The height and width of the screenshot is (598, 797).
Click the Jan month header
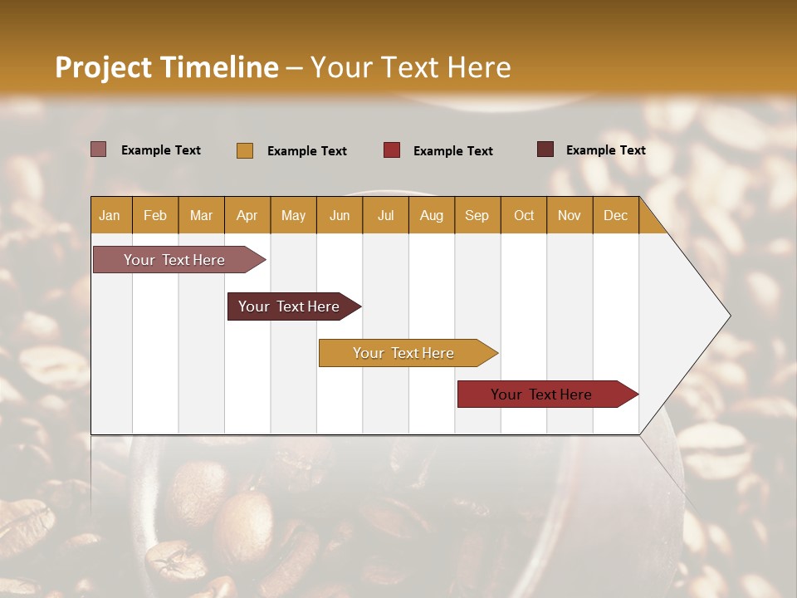click(x=110, y=215)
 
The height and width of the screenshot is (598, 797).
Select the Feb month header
click(x=155, y=215)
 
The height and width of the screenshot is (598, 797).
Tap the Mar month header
click(x=201, y=215)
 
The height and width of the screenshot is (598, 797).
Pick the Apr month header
click(x=247, y=215)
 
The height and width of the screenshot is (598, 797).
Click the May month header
click(x=293, y=215)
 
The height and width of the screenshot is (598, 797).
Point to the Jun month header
click(x=340, y=215)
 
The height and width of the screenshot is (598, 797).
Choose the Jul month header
click(x=385, y=215)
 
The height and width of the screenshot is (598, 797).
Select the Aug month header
click(x=432, y=215)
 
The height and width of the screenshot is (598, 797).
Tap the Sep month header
click(x=477, y=215)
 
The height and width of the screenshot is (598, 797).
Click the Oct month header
click(x=524, y=215)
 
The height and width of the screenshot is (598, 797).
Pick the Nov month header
click(x=570, y=215)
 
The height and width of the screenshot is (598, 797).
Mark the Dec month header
click(x=616, y=215)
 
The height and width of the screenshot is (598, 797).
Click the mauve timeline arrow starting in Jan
click(x=175, y=260)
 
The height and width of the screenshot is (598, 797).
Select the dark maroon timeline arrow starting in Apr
click(x=290, y=306)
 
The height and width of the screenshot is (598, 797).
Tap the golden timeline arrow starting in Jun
click(x=404, y=353)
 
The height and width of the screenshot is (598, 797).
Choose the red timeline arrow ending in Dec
click(x=542, y=395)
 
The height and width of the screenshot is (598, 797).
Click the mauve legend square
click(x=99, y=149)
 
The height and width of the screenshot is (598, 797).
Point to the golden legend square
click(x=245, y=150)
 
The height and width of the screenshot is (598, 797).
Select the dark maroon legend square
click(x=545, y=149)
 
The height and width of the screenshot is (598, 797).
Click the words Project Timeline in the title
click(x=167, y=67)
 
